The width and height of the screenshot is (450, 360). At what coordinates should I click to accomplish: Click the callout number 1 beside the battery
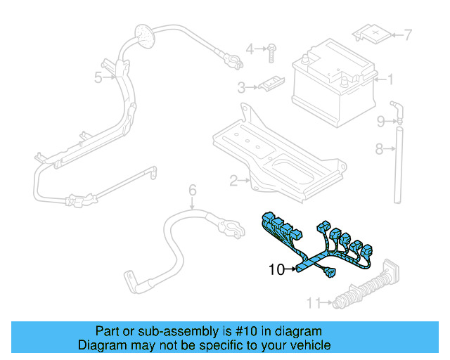coord(390,79)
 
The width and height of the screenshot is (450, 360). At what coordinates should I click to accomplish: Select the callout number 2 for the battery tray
coord(233,180)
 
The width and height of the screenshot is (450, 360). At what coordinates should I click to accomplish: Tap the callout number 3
coord(240,88)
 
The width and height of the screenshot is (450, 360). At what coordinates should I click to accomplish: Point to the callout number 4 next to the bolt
coord(250,49)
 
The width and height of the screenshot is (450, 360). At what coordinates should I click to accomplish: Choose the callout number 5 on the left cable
coord(98,77)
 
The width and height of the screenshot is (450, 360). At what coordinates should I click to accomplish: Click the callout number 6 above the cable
coord(191,189)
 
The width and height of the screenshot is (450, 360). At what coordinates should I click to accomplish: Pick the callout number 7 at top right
coord(407,34)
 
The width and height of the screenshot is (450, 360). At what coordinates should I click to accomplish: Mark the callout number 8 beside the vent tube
coord(378,148)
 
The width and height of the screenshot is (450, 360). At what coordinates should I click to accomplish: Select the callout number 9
coord(380,122)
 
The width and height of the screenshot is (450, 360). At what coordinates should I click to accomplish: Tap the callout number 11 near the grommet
coord(313,303)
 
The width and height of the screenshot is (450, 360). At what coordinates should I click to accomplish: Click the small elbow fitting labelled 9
coord(398,114)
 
